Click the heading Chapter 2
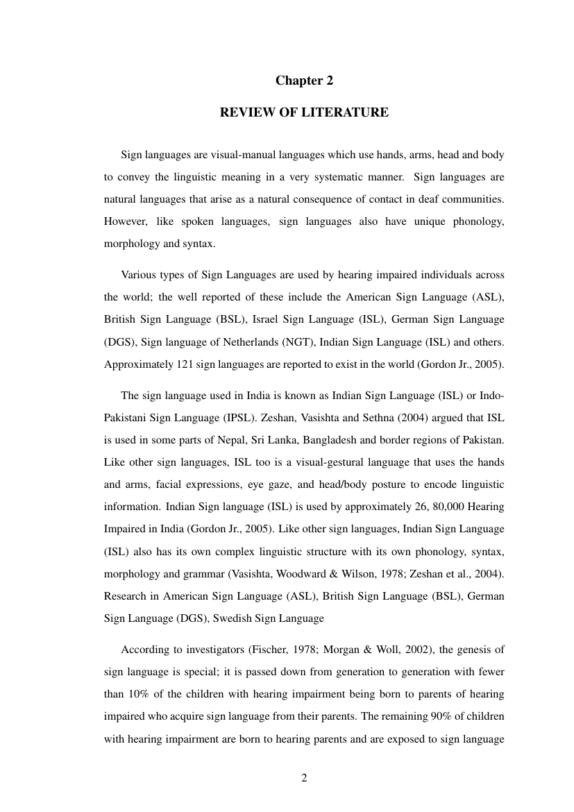304,81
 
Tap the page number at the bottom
304,777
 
